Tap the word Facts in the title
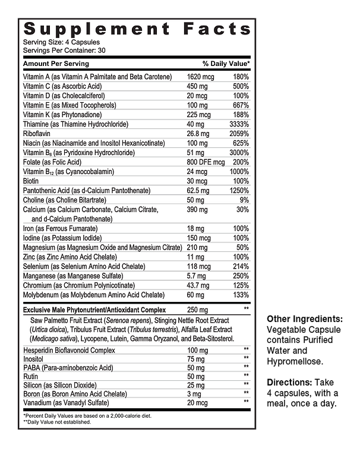(x=217, y=29)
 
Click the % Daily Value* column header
(x=226, y=64)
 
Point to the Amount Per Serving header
(x=56, y=64)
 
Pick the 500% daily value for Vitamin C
(x=240, y=86)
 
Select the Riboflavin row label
(x=37, y=134)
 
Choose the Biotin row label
(x=31, y=181)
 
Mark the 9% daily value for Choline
(x=244, y=200)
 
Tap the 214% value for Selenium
(x=240, y=267)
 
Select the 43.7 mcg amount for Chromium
(x=199, y=286)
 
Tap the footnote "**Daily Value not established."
(x=57, y=422)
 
